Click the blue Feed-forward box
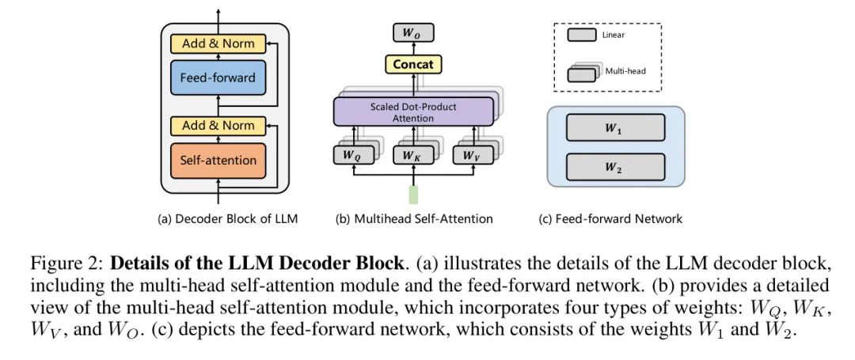coord(218,78)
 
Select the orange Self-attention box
coord(218,161)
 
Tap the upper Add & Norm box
coord(218,44)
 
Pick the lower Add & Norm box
coord(218,125)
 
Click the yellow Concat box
coord(412,63)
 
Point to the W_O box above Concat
coord(412,34)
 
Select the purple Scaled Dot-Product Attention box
coord(412,112)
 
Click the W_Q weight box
coord(351,155)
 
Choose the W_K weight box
coord(412,155)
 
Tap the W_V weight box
coord(472,155)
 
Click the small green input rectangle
coord(412,195)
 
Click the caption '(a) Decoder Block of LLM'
coord(228,218)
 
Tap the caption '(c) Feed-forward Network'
coord(610,218)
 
